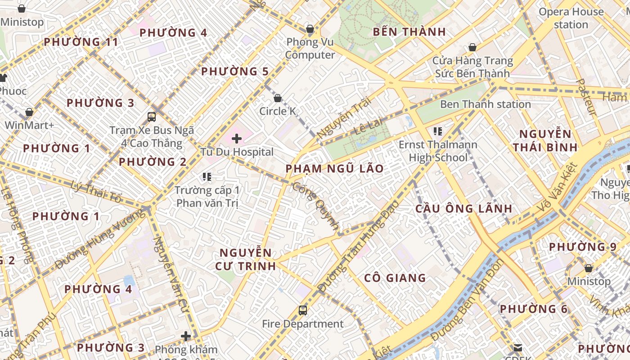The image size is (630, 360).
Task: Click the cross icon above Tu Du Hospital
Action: (x=237, y=139)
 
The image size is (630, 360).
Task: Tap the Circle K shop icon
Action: (x=278, y=98)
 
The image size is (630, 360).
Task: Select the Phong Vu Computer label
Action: (x=310, y=49)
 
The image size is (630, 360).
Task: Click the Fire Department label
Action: (x=303, y=324)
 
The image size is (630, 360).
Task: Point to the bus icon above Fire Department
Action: (x=303, y=310)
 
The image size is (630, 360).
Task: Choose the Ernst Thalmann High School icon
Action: (x=437, y=131)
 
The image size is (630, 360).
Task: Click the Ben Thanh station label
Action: (x=485, y=104)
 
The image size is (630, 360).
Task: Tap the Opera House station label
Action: (x=571, y=18)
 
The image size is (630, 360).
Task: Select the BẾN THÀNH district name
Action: (x=409, y=32)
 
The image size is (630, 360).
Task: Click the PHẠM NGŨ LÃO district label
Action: (x=335, y=169)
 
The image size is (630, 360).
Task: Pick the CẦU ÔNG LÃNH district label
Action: (x=463, y=209)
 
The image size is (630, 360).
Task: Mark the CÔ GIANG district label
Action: (x=395, y=278)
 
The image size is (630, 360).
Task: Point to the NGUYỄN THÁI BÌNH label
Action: (x=545, y=140)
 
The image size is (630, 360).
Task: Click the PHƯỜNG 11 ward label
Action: (x=81, y=42)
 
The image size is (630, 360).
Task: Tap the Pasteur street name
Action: (x=587, y=97)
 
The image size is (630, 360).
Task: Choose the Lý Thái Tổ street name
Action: (x=96, y=191)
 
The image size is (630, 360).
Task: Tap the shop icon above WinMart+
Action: (x=29, y=112)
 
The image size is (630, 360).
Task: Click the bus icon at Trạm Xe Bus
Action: (x=152, y=117)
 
